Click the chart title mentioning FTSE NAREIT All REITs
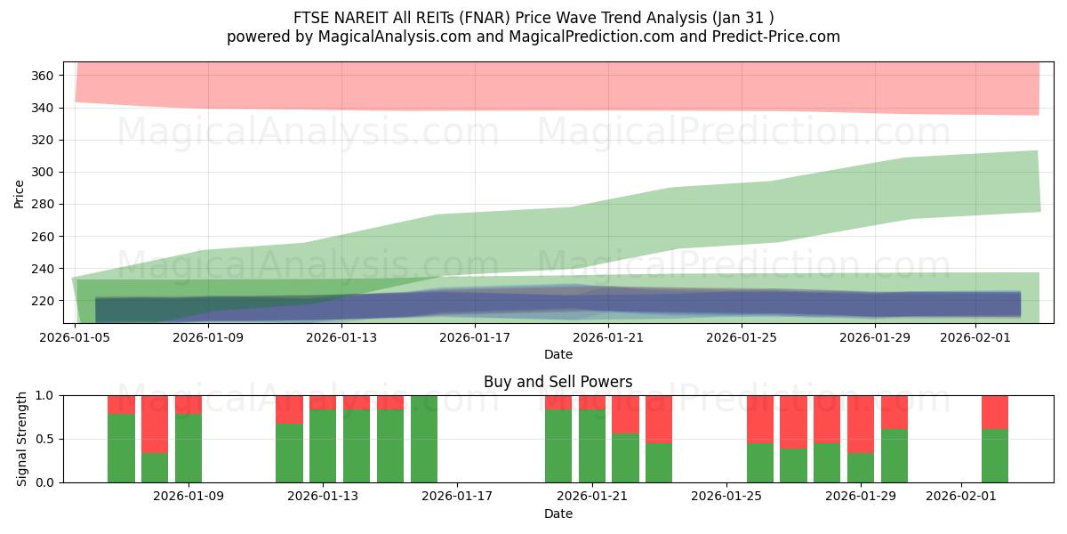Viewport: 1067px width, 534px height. [x=533, y=18]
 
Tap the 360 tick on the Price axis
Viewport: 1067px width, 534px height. [x=43, y=76]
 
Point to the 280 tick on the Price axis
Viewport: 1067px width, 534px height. [x=43, y=204]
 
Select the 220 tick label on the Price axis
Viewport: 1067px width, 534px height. [x=43, y=301]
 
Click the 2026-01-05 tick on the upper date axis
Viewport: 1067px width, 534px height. [x=76, y=337]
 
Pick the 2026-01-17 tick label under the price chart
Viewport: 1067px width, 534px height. [x=475, y=337]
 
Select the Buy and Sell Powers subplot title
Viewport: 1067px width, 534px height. [x=558, y=382]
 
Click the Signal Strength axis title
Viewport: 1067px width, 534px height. [x=22, y=439]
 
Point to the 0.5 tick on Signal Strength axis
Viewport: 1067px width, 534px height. [x=45, y=439]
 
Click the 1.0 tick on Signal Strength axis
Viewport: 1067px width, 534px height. [x=45, y=395]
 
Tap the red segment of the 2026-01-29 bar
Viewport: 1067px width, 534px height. [x=861, y=424]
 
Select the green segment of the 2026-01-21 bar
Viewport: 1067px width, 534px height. [x=592, y=445]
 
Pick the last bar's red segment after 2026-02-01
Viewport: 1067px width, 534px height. [x=995, y=411]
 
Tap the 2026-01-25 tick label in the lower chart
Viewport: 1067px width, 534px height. [x=726, y=497]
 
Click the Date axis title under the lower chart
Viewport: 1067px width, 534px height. [x=558, y=514]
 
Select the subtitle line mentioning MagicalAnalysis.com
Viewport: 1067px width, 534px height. [x=533, y=36]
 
